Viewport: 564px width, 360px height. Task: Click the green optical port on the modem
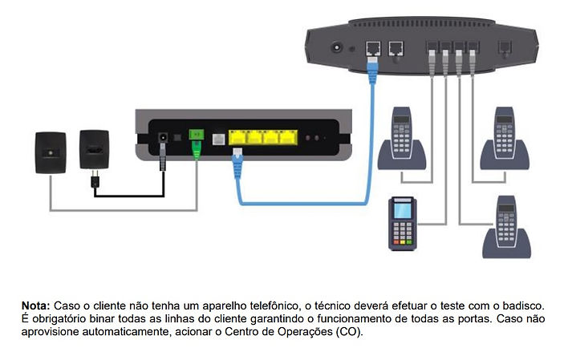[197, 135]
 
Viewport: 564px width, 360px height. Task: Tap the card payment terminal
[403, 224]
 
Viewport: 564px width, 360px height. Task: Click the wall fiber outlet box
[51, 153]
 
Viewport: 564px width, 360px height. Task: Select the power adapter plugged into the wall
[94, 150]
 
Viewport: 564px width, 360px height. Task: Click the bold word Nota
[35, 306]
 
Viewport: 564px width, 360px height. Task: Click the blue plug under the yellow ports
[237, 163]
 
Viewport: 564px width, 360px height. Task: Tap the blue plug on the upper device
[372, 68]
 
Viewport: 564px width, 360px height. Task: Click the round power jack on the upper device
[337, 47]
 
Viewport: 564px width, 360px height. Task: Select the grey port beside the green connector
[219, 139]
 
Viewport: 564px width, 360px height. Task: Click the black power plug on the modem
[163, 156]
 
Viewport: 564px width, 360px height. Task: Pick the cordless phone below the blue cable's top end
[402, 139]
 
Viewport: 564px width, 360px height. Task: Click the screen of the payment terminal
[403, 211]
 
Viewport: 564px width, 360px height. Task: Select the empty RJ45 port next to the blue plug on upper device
[396, 49]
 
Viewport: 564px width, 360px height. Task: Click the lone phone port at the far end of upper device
[505, 48]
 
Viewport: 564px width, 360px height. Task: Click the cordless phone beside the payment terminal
[506, 227]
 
